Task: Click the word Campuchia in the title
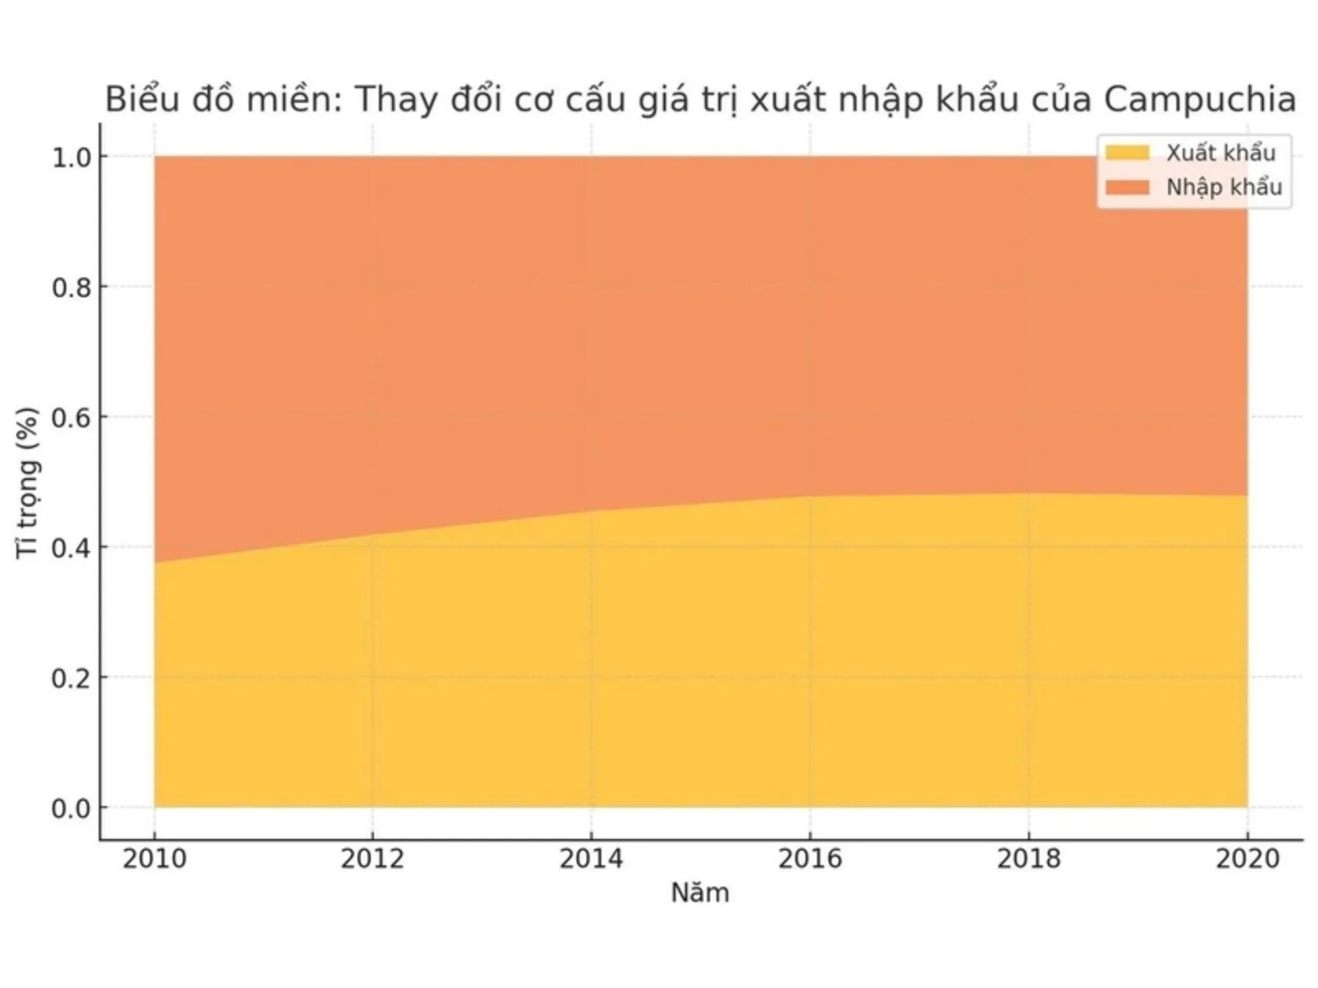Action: click(1199, 100)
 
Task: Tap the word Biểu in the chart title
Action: click(140, 100)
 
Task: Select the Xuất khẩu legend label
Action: click(1220, 153)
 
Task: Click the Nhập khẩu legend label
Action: click(1223, 188)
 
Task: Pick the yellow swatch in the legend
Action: click(1127, 153)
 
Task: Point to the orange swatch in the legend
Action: click(1127, 188)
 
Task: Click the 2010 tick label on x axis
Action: click(154, 859)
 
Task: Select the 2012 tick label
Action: click(372, 859)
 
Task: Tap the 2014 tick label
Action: click(591, 859)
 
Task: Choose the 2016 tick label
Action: click(810, 859)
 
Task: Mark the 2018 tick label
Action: click(1028, 859)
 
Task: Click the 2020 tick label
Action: click(1247, 859)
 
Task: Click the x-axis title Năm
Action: click(699, 892)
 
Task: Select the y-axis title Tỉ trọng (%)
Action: click(28, 482)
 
